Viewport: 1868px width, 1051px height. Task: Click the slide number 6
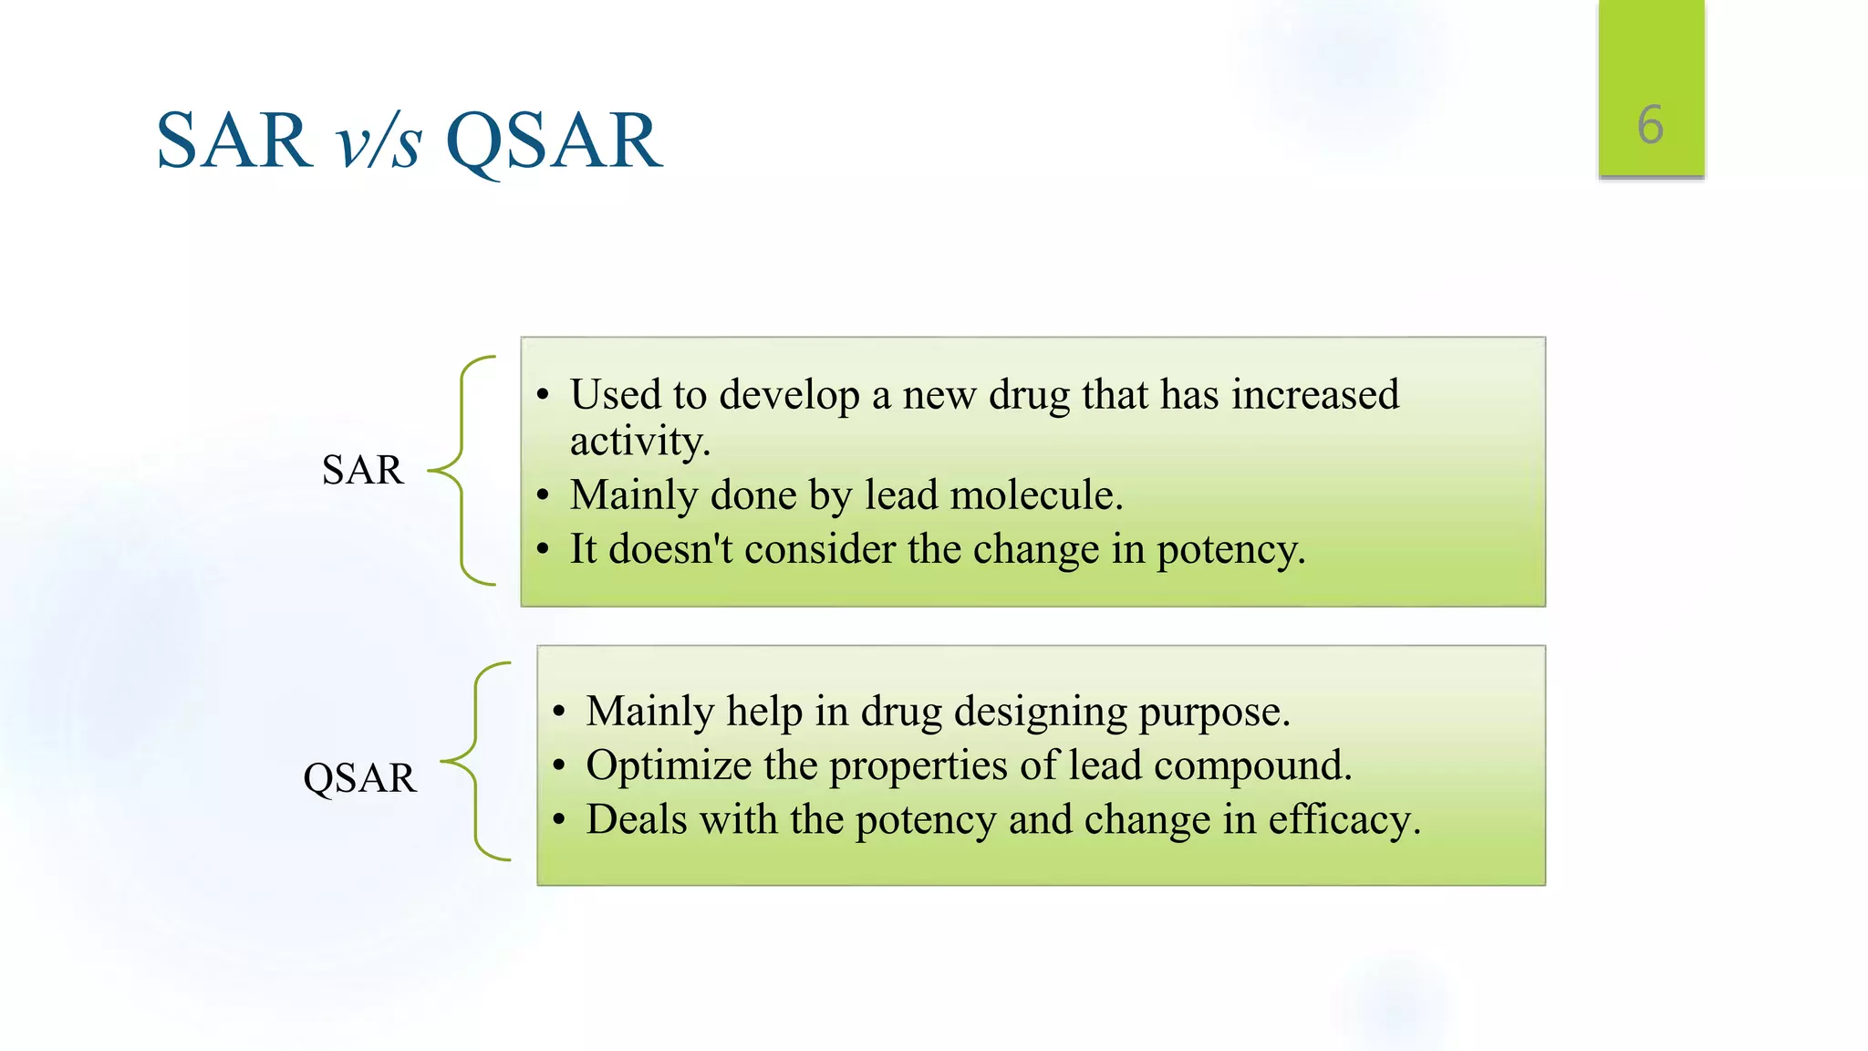(x=1650, y=125)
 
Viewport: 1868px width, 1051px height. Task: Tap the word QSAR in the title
(x=553, y=140)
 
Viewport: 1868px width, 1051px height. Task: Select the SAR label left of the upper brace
(x=362, y=470)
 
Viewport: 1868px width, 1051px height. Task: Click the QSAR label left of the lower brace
(x=359, y=778)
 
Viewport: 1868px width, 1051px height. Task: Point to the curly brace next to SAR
(x=462, y=470)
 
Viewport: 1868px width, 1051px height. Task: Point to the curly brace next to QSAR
(x=476, y=761)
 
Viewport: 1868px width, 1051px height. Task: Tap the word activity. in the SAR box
(x=639, y=442)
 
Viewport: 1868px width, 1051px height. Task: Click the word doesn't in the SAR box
(x=670, y=549)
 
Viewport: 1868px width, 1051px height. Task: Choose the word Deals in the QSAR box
(x=637, y=819)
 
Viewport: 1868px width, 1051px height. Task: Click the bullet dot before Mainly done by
(x=544, y=496)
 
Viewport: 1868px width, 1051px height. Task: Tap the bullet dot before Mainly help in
(x=559, y=712)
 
